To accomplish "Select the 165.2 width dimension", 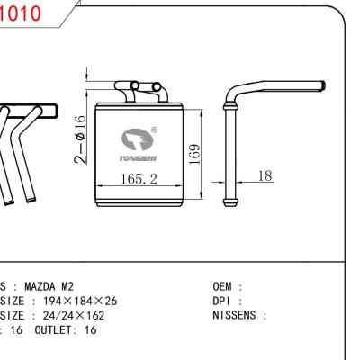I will (139, 179).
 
